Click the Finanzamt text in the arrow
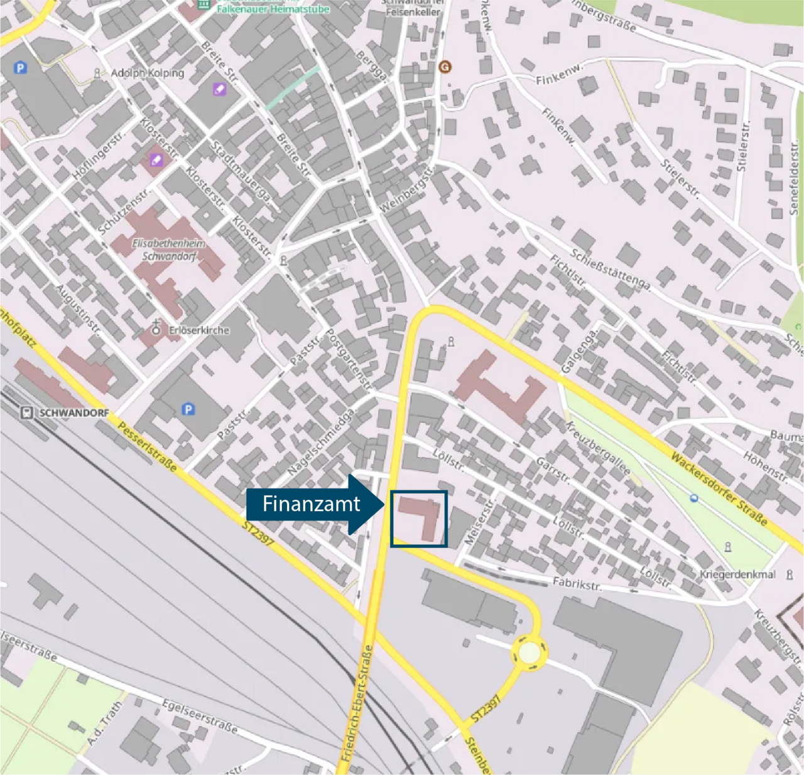coord(311,504)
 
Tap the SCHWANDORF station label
coord(73,413)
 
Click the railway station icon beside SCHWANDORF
coord(26,413)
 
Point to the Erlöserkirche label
coord(199,330)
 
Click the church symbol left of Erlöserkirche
coord(156,328)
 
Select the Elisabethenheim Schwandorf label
coord(168,249)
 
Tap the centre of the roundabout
coord(529,653)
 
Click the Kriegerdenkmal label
coord(737,574)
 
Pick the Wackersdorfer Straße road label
coord(719,488)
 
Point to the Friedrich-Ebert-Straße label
coord(356,703)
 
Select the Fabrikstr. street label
coord(577,583)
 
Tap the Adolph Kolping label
coord(148,73)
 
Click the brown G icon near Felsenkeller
coord(445,67)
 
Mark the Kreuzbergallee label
coord(597,448)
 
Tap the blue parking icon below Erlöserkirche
coord(188,409)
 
